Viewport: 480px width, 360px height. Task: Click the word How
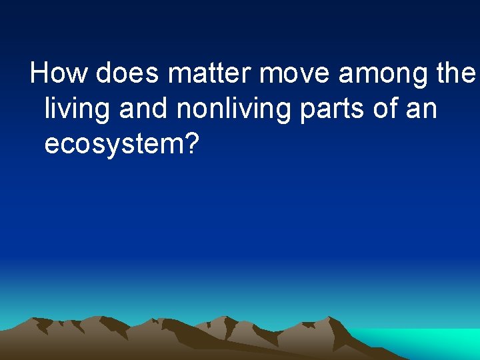click(59, 73)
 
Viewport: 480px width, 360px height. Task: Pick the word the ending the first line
click(457, 73)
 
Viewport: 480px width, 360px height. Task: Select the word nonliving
click(233, 109)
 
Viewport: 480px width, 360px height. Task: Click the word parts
click(334, 109)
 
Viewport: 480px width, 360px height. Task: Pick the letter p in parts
click(306, 111)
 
